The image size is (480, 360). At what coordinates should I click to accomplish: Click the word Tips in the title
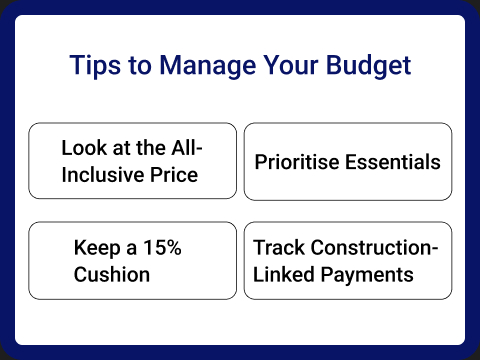tap(93, 66)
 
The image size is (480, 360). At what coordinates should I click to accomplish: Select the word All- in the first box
tap(184, 148)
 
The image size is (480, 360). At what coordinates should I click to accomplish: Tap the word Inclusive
tap(103, 175)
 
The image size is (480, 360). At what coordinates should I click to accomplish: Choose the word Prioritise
tap(297, 161)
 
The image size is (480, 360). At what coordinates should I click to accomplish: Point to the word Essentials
tap(392, 161)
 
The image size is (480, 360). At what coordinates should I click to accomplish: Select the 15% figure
tap(160, 247)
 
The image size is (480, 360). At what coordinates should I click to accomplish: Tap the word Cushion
tap(112, 274)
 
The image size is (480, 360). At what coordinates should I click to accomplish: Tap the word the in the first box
tap(147, 148)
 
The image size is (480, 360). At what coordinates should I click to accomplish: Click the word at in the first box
tap(119, 148)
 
